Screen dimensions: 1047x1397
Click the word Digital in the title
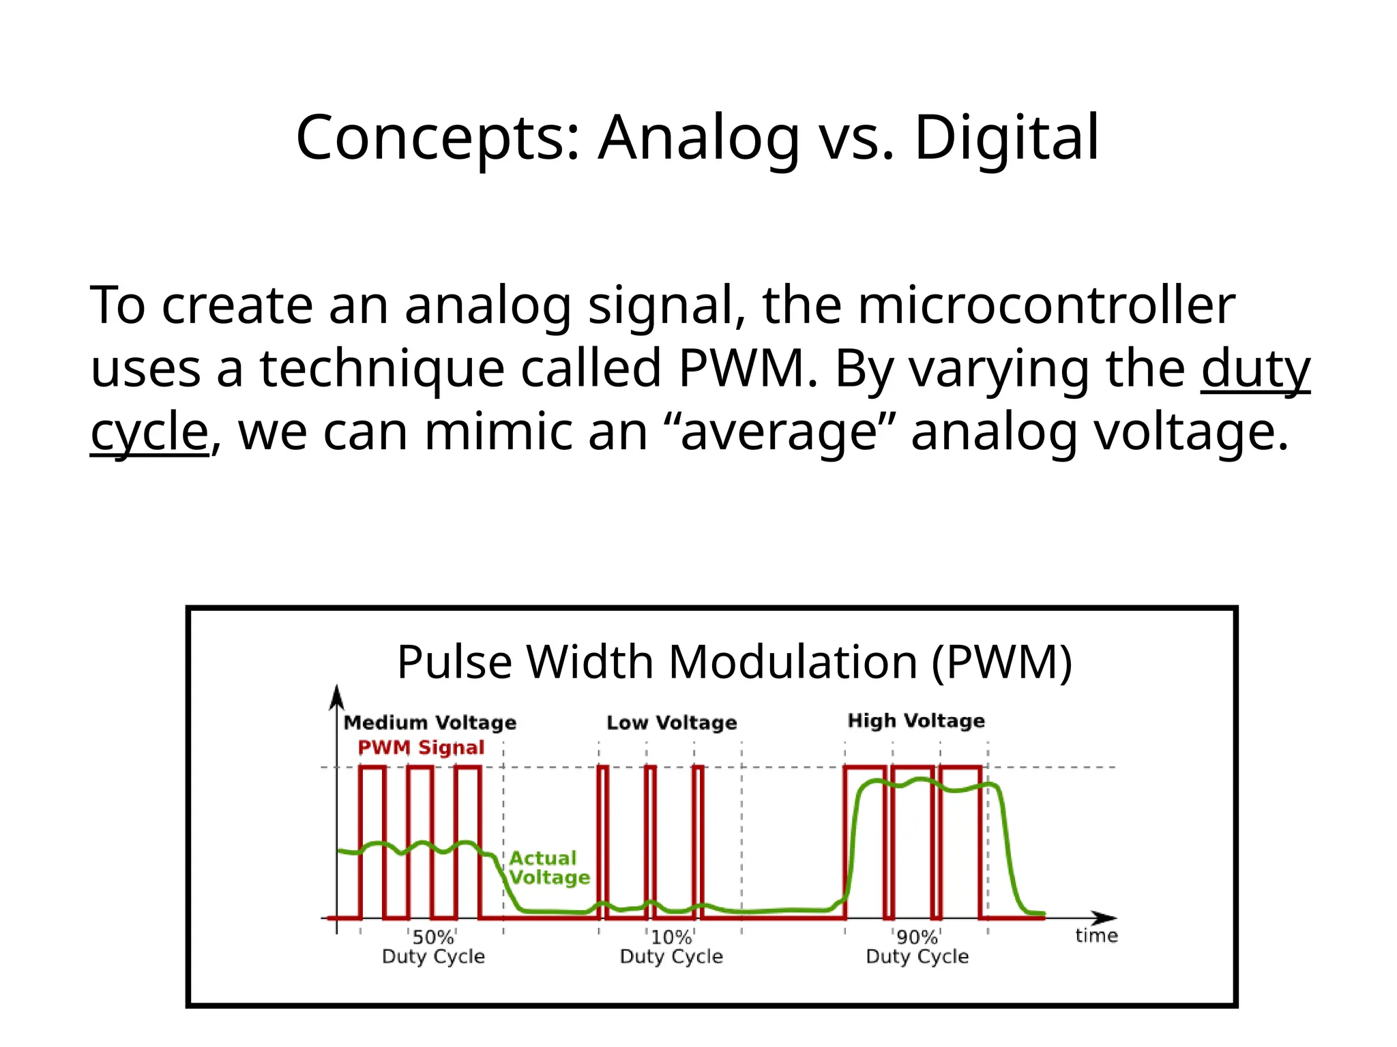1006,138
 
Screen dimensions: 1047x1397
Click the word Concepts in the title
437,139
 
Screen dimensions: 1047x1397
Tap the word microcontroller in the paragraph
1046,305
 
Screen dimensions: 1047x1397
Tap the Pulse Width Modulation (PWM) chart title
734,662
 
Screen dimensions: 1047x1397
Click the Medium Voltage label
430,723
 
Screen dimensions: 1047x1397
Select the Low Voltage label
672,723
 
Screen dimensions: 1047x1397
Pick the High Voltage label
916,720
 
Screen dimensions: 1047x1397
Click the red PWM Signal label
421,748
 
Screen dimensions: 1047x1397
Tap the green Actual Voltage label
549,868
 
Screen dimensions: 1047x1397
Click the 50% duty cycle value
433,938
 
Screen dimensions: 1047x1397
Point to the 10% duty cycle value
671,938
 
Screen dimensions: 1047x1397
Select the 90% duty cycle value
917,938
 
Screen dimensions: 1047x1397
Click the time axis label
1096,936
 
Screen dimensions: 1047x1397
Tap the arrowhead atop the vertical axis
336,696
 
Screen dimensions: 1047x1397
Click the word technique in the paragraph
381,369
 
